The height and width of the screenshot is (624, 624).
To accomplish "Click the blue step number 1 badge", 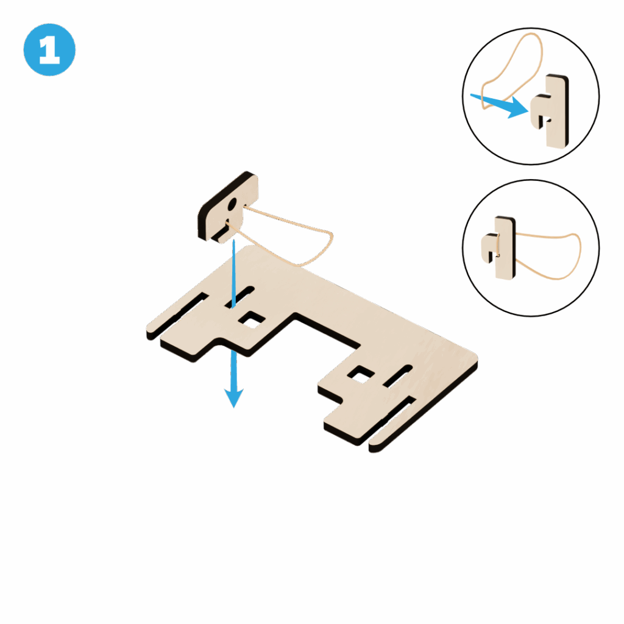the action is point(49,50).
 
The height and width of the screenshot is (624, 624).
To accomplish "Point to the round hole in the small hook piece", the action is point(232,205).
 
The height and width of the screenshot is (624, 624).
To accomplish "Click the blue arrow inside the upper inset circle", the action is point(500,105).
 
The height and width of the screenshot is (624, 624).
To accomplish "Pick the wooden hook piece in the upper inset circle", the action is point(550,111).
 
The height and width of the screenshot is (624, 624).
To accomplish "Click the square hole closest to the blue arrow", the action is point(252,321).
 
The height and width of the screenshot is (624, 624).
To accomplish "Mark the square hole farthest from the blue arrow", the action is point(361,375).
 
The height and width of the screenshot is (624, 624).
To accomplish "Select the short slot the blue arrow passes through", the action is point(239,297).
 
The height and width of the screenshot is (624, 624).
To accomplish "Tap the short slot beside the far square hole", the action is point(397,375).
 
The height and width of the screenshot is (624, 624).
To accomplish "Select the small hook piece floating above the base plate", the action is point(228,207).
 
